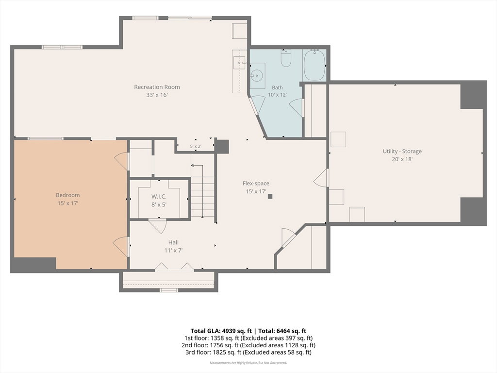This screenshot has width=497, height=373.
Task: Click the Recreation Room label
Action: click(x=157, y=87)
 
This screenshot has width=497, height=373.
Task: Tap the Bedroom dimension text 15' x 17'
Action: click(x=68, y=203)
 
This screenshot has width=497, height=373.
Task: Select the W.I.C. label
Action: click(x=159, y=197)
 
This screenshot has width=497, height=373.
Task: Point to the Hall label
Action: click(x=173, y=242)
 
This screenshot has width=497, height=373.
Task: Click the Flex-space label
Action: click(x=256, y=183)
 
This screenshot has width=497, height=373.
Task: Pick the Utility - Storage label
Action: click(x=402, y=152)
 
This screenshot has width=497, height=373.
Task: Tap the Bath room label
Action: click(x=277, y=87)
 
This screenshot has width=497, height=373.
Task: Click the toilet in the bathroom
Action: click(x=286, y=58)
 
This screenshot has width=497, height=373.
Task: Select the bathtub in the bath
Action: click(x=315, y=65)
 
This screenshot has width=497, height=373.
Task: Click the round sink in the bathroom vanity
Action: click(x=256, y=75)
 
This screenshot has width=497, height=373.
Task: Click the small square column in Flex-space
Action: click(x=270, y=196)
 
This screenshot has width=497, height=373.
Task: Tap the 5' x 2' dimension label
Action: click(x=196, y=147)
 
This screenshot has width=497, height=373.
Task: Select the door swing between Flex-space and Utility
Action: click(x=321, y=178)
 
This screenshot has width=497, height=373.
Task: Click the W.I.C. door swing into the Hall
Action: click(x=158, y=225)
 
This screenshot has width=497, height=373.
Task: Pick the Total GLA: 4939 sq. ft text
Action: click(x=221, y=331)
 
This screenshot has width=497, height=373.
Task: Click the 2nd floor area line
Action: click(x=248, y=345)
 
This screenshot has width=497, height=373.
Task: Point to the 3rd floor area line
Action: click(x=248, y=352)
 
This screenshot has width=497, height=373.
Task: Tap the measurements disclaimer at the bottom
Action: click(x=248, y=362)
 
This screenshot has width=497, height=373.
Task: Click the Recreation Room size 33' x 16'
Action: click(x=157, y=95)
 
